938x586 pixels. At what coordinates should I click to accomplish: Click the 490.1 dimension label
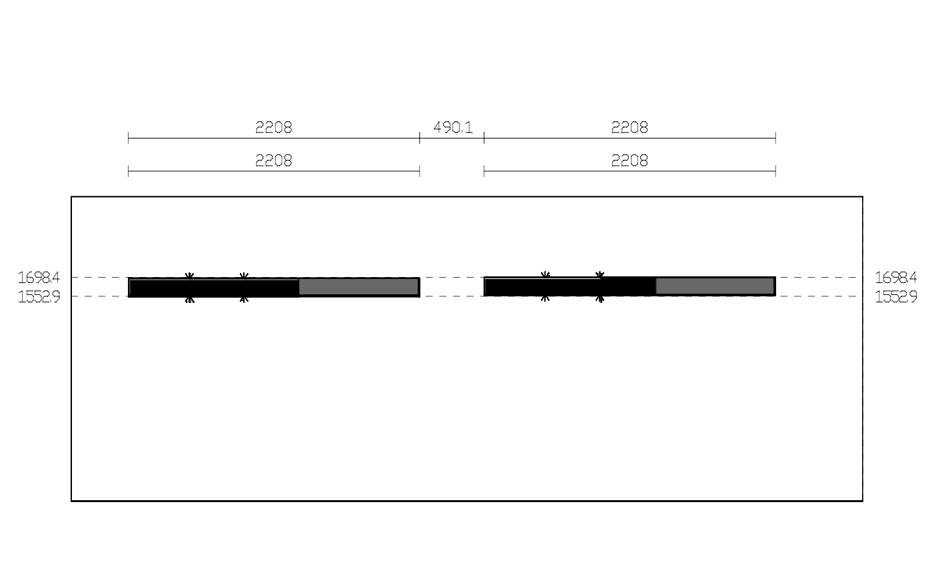[452, 127]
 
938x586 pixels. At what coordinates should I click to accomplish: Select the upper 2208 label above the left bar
[274, 127]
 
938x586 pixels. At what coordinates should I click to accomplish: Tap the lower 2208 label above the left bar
[274, 160]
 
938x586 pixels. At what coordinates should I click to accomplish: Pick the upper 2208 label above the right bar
[630, 127]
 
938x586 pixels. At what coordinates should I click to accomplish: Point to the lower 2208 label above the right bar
[630, 160]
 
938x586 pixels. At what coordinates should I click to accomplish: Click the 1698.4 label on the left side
[39, 277]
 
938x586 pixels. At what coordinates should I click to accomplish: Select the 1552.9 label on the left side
[39, 297]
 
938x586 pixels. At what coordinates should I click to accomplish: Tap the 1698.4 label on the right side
[896, 277]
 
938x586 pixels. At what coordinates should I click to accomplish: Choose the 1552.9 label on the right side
[896, 297]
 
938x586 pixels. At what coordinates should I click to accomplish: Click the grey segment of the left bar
[359, 287]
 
